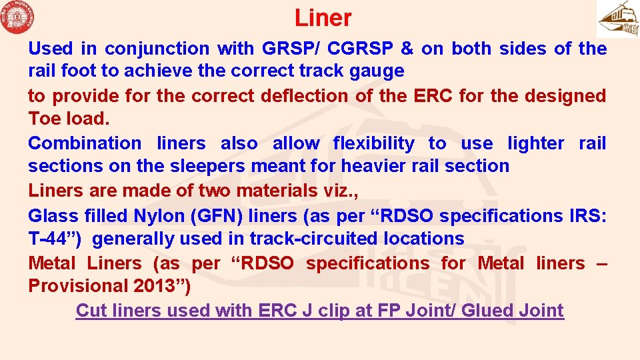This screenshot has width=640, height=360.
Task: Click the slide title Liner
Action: pyautogui.click(x=323, y=18)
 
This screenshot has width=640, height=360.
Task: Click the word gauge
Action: pyautogui.click(x=377, y=71)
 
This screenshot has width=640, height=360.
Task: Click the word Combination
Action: pyautogui.click(x=85, y=143)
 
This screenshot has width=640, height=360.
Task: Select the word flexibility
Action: pyautogui.click(x=373, y=143)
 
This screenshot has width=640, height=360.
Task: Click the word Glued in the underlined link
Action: pyautogui.click(x=489, y=311)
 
